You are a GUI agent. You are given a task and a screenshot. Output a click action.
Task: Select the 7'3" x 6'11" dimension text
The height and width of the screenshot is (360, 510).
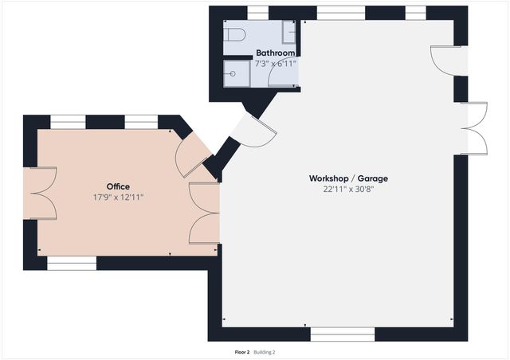[275, 62]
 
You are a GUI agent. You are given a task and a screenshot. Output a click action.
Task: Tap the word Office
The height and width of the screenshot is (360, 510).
[118, 186]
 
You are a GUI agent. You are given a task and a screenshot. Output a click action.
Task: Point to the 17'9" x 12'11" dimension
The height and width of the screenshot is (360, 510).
[118, 197]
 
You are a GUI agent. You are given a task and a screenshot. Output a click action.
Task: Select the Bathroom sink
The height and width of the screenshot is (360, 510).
[289, 33]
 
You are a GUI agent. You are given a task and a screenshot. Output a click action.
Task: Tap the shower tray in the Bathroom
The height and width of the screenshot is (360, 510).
[237, 72]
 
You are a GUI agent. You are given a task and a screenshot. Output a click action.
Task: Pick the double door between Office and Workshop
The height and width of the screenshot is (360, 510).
[204, 213]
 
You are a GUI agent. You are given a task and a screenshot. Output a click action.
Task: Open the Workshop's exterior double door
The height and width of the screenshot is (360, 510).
[473, 127]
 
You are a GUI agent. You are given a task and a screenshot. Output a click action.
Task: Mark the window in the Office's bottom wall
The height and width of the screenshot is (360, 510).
[72, 262]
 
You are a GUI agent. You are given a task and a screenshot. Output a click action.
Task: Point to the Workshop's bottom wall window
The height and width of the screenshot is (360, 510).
[342, 334]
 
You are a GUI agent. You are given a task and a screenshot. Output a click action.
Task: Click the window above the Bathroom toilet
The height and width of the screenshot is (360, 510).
[257, 12]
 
